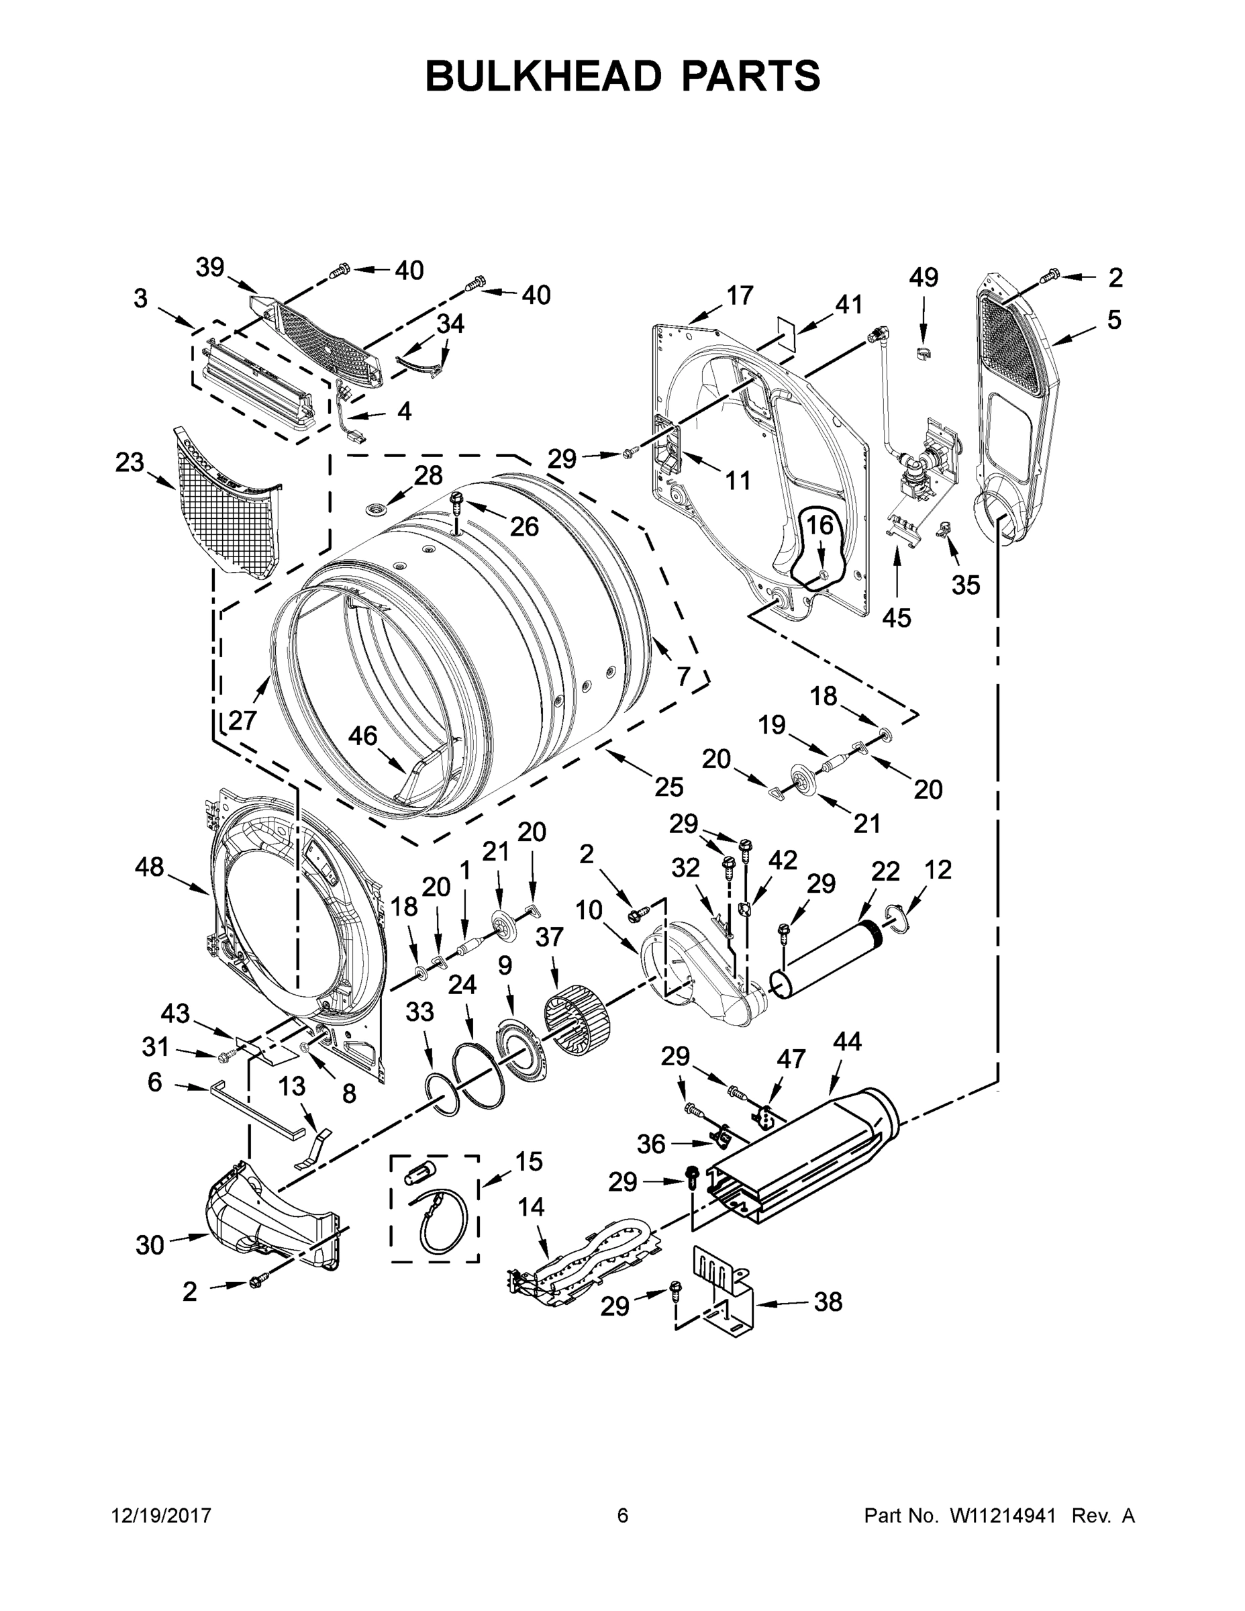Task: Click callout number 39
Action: click(x=209, y=268)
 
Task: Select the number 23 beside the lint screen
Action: click(x=130, y=463)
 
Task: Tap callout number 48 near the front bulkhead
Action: click(x=149, y=867)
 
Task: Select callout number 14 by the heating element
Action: click(x=531, y=1208)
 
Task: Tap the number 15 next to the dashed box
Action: click(x=528, y=1161)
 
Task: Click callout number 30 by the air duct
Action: click(x=150, y=1245)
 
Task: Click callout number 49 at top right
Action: click(x=924, y=278)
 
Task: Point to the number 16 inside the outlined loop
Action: click(x=819, y=526)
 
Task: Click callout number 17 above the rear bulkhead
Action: click(x=740, y=296)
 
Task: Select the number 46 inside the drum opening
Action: click(x=362, y=736)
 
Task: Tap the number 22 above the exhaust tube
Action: click(x=885, y=872)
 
